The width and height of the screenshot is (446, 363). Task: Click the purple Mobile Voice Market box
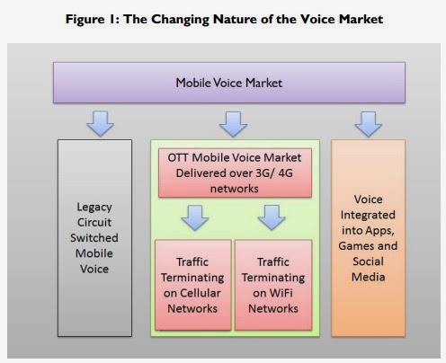pos(229,83)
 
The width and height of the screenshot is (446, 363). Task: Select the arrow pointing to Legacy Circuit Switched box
pos(100,124)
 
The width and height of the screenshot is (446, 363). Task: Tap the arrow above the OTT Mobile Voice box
pos(233,124)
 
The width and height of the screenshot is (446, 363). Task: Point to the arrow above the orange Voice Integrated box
pos(369,124)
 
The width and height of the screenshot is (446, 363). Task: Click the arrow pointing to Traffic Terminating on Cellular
pos(195,217)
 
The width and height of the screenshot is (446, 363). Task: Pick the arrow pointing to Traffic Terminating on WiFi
pos(272,217)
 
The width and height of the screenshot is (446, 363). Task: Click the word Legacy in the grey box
pos(94,208)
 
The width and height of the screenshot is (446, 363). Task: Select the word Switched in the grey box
pos(94,238)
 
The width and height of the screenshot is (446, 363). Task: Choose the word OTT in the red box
pos(178,157)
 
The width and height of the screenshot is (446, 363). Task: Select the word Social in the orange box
pos(368,261)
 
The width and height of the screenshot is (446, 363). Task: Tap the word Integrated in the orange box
pos(368,215)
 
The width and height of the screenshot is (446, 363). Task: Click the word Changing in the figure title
pos(180,20)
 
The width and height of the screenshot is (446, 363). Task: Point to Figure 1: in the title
pos(93,20)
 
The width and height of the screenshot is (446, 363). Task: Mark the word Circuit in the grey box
pos(94,222)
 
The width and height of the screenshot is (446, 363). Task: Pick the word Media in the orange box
pos(369,277)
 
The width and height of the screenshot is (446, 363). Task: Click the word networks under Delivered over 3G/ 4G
pos(235,189)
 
